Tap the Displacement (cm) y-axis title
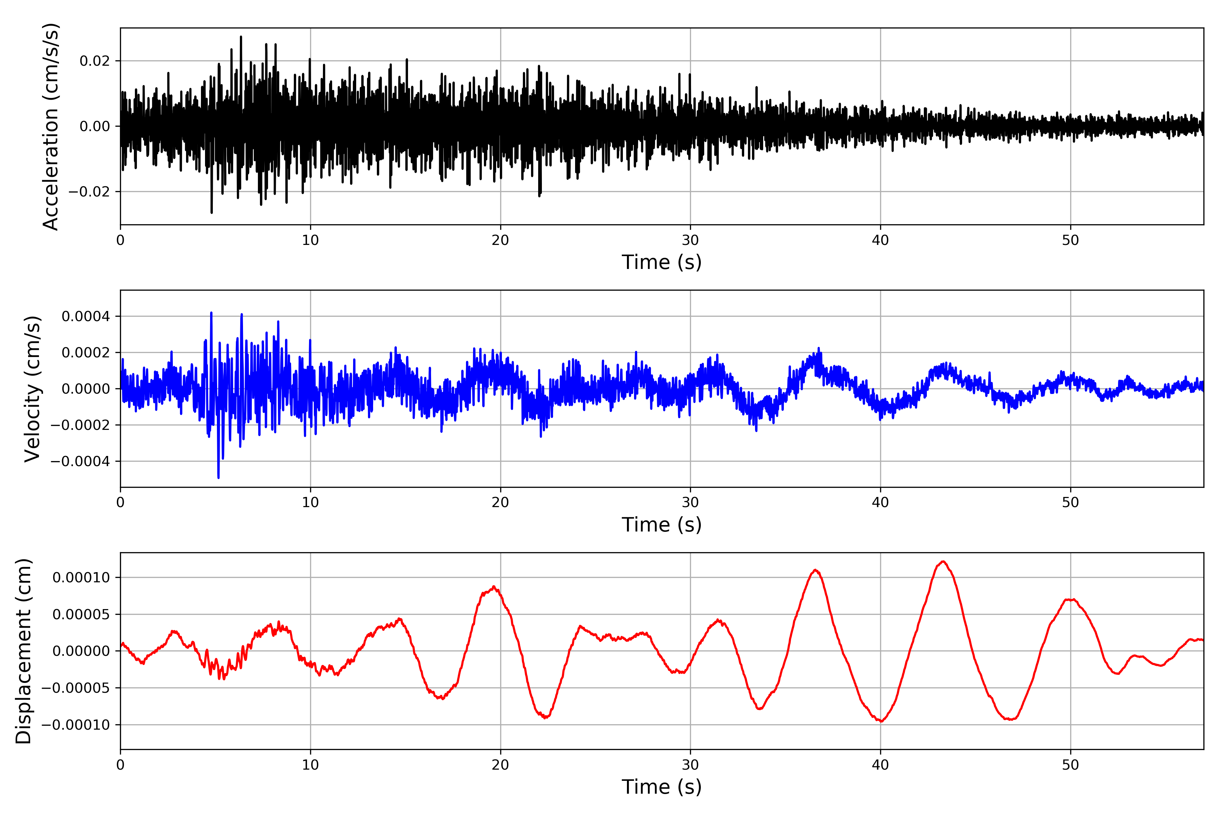pos(23,651)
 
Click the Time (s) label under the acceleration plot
pos(662,262)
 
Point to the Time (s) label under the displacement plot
pos(662,787)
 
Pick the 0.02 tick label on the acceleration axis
pos(95,61)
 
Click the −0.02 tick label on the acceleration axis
pos(89,192)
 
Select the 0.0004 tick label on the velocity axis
pos(86,316)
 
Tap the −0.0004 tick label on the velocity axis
pos(80,461)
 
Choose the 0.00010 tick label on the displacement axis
pos(81,578)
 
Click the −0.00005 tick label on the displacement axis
pos(76,688)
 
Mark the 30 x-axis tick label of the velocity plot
pos(690,502)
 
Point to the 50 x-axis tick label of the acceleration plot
pos(1070,240)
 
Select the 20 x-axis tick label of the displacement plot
pos(500,765)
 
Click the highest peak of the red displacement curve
pos(943,562)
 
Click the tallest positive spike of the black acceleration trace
pos(241,37)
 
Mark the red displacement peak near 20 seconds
pos(494,587)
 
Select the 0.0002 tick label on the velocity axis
pos(86,353)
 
